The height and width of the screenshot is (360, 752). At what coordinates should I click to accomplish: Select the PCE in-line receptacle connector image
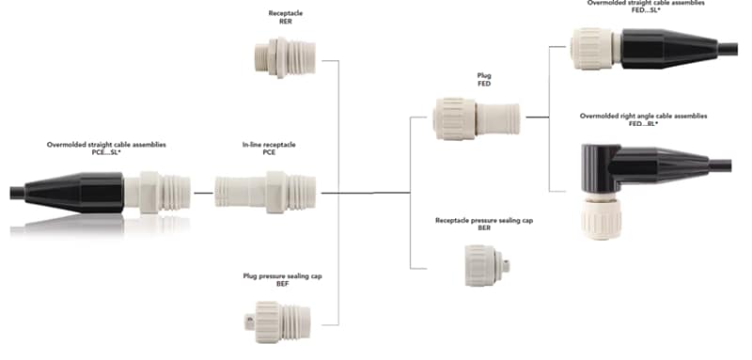click(265, 191)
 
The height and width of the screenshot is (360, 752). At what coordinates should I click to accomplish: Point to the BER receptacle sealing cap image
click(490, 265)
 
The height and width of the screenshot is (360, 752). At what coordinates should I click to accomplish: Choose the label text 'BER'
click(483, 227)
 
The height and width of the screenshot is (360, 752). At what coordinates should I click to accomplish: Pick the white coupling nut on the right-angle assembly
click(599, 216)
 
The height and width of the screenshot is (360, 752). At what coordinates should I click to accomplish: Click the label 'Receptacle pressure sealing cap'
click(483, 219)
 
